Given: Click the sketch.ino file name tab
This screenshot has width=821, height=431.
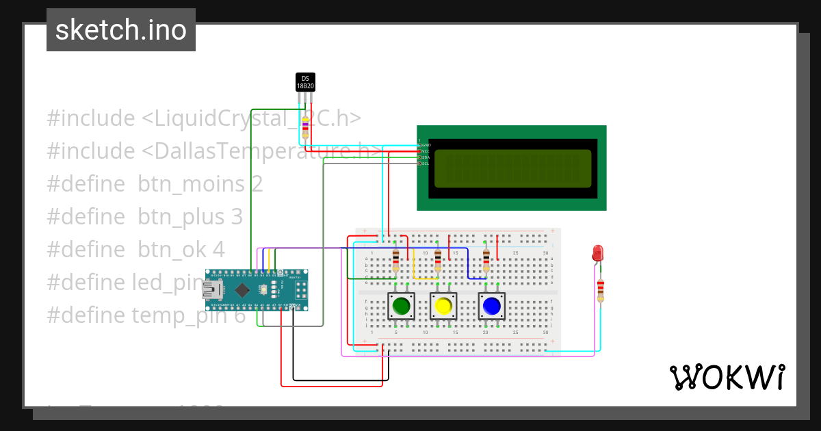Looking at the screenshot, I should pos(121,30).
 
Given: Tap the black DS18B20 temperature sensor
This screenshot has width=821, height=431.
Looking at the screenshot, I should pos(305,82).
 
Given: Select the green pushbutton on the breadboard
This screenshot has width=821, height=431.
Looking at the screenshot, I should pos(400,306).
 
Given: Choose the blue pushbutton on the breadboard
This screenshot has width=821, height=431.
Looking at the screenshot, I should pos(491,306).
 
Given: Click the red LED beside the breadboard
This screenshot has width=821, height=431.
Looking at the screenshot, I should pos(597,252).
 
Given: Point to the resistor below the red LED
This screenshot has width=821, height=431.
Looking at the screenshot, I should pos(601,290).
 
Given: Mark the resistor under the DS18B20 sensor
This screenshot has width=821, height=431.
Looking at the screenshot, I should pos(305,127).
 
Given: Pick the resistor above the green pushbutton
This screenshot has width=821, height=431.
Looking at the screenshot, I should pos(396,260).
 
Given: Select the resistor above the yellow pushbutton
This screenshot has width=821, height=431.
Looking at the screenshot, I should pos(438,260).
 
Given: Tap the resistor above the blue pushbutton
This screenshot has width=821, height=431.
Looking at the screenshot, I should pos(486,260).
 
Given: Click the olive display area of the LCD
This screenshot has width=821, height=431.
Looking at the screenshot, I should pos(512,168).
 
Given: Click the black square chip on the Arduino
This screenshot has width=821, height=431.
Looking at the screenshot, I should pos(242,290).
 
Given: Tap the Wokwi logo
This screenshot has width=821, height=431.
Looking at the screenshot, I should pos(727,377).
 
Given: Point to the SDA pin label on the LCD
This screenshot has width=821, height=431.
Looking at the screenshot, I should pos(425,157).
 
